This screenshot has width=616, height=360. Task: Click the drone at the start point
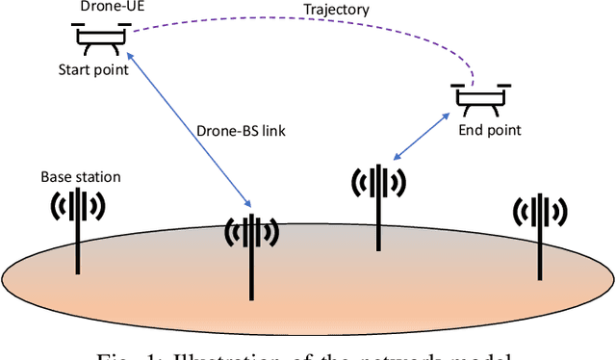click(96, 36)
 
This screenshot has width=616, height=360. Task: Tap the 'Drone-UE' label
click(95, 9)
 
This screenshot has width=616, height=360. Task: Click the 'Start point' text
click(92, 68)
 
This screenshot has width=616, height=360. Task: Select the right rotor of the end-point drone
click(503, 85)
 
